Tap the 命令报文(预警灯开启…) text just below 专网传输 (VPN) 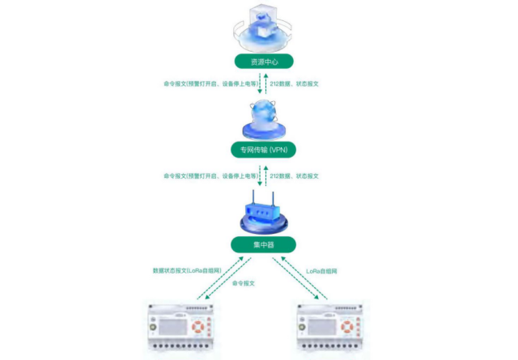click(x=209, y=176)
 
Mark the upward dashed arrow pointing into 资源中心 click(x=258, y=84)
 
